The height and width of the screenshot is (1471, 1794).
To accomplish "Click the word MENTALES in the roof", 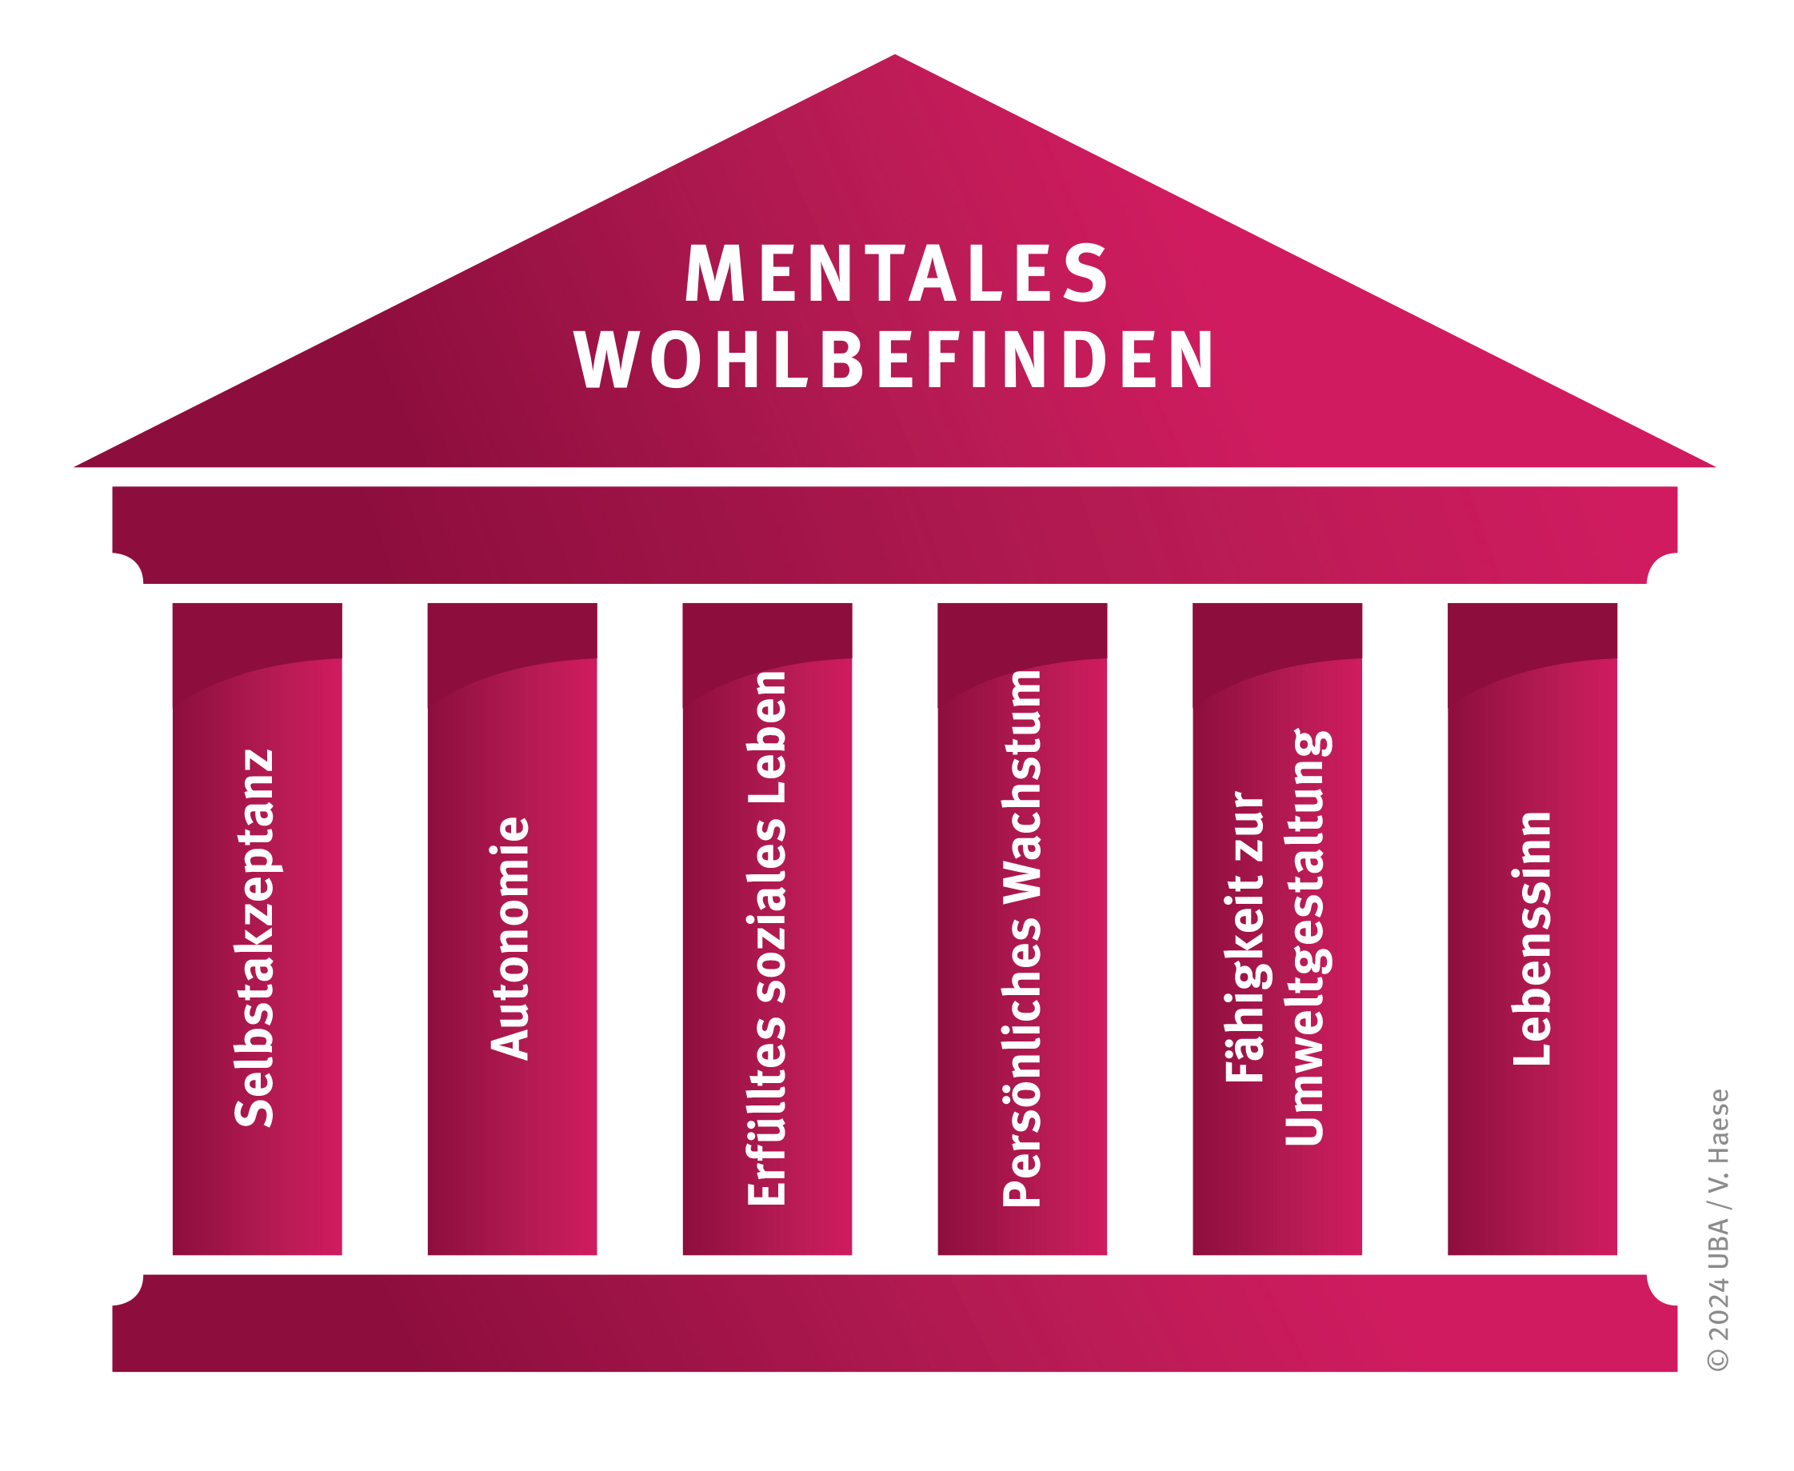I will point(896,273).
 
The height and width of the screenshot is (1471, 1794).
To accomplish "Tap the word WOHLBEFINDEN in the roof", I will point(895,359).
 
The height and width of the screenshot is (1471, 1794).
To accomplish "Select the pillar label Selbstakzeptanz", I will point(254,937).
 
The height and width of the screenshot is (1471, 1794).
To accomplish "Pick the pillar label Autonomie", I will point(510,938).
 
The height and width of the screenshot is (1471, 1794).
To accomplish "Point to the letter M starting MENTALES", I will point(714,273).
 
